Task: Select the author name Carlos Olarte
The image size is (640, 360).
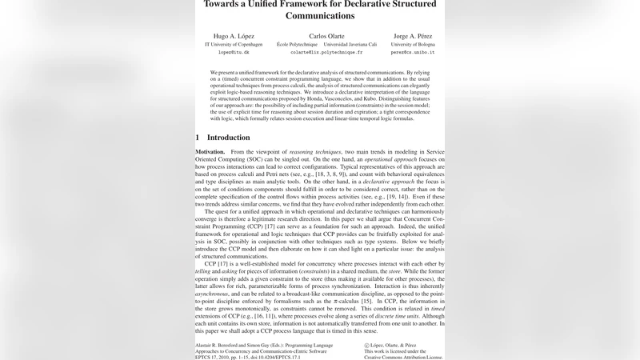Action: [x=326, y=37]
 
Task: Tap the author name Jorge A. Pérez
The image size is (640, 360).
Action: [x=413, y=37]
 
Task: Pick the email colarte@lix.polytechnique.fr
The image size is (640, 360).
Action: [x=326, y=52]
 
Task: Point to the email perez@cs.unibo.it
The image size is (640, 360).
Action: [x=413, y=52]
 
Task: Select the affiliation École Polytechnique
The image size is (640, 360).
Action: [x=298, y=44]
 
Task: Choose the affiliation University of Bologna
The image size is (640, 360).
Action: [x=413, y=44]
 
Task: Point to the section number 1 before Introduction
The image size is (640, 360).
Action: [x=198, y=138]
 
